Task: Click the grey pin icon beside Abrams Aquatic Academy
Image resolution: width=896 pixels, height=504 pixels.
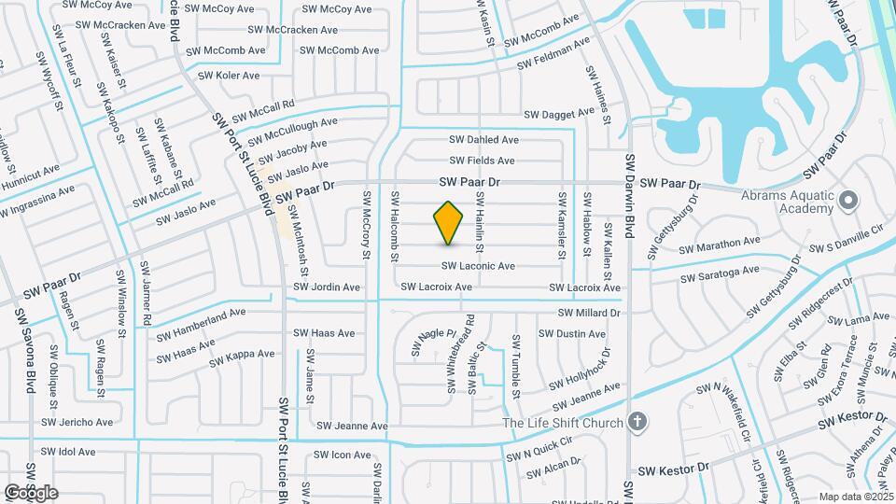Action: pyautogui.click(x=847, y=201)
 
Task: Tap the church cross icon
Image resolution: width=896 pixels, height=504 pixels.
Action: pyautogui.click(x=637, y=422)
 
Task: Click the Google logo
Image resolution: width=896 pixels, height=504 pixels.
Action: pyautogui.click(x=31, y=493)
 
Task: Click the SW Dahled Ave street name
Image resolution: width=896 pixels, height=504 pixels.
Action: pyautogui.click(x=485, y=140)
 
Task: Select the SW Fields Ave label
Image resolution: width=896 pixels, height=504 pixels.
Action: pyautogui.click(x=482, y=161)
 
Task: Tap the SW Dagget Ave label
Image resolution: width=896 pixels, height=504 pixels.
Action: pyautogui.click(x=559, y=114)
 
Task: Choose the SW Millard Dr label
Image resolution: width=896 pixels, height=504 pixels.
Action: pyautogui.click(x=590, y=313)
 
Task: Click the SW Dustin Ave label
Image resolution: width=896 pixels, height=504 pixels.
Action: pyautogui.click(x=581, y=333)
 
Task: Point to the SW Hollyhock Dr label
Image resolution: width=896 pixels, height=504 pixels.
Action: pyautogui.click(x=580, y=371)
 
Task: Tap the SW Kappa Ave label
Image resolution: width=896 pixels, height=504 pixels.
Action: pyautogui.click(x=241, y=355)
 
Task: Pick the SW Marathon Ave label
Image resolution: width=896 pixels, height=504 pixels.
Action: pyautogui.click(x=720, y=247)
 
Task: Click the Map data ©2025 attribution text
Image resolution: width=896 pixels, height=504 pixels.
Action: pyautogui.click(x=854, y=497)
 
